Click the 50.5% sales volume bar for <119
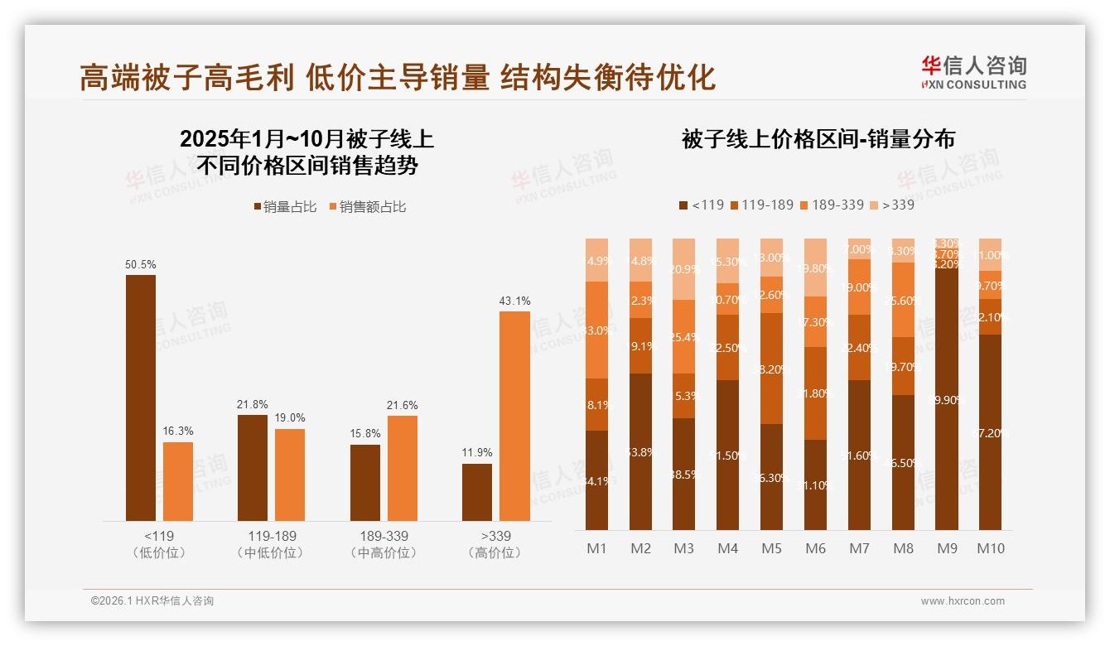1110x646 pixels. pos(141,398)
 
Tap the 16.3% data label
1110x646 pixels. pos(178,431)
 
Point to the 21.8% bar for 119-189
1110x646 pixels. pos(253,467)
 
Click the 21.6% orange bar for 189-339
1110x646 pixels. pos(403,468)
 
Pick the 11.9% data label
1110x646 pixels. pos(477,453)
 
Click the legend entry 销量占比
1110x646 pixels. pos(285,207)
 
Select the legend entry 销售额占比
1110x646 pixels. pos(368,207)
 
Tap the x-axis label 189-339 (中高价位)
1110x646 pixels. pos(384,544)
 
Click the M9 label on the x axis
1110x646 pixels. pos(947,548)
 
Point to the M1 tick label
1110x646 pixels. pos(597,548)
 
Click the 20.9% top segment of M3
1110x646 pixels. pos(683,269)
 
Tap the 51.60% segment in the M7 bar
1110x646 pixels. pos(859,455)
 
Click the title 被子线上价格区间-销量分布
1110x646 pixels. pos(818,138)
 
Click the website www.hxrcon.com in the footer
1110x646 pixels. pos(963,601)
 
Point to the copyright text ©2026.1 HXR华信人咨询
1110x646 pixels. pos(152,601)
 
